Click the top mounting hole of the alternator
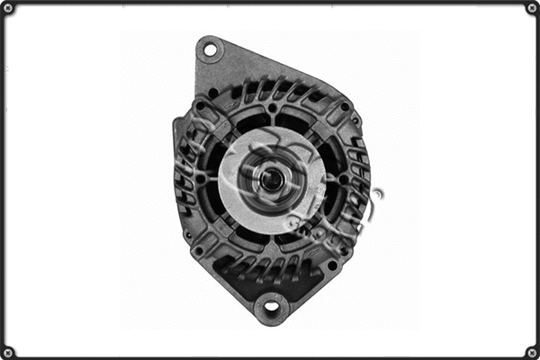(211, 49)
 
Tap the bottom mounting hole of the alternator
(271, 310)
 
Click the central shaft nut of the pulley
(271, 179)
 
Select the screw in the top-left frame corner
(8, 8)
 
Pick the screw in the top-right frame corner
(532, 8)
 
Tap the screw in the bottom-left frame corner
(8, 351)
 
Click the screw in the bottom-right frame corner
(532, 351)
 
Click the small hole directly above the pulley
(272, 108)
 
